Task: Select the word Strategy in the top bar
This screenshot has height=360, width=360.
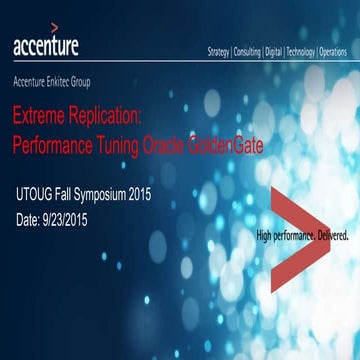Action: (218, 50)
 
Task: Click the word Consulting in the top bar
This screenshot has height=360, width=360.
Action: (247, 50)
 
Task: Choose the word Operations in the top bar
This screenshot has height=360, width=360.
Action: (337, 50)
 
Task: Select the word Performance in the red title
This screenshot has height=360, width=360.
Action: (52, 143)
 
